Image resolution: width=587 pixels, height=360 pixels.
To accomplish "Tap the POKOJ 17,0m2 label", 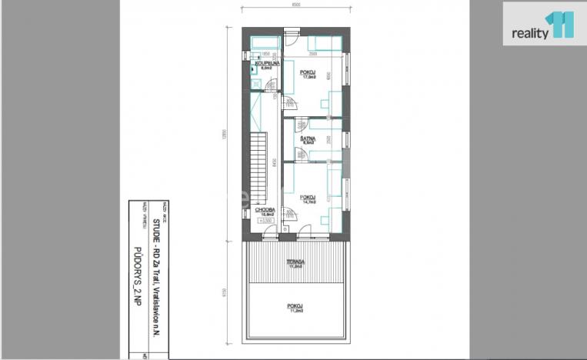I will point(310,75).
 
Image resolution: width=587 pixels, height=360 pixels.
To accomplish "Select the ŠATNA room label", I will point(309,140).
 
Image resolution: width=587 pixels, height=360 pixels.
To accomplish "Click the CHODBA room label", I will point(266,211).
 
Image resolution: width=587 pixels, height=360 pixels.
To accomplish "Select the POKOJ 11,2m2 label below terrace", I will point(295,308).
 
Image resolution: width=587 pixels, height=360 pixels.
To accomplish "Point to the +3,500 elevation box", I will point(268,220).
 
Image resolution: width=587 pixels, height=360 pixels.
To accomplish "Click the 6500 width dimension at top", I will point(295,6).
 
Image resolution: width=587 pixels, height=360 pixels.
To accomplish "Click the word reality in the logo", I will point(530,33).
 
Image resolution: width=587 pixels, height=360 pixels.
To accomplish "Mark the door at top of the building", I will point(291,36).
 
